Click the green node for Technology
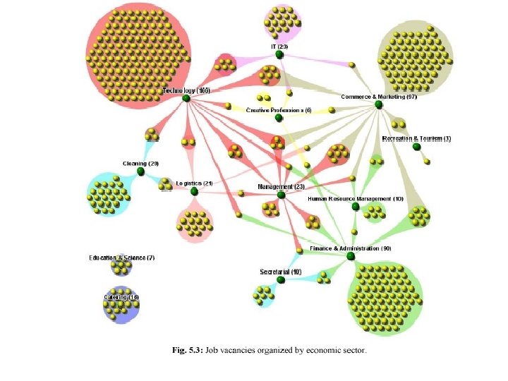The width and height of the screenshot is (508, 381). (186, 98)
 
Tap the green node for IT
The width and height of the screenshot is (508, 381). (279, 54)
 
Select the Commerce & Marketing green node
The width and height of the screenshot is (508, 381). (379, 104)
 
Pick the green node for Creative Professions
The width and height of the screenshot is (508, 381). (279, 118)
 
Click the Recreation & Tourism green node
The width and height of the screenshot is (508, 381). (416, 147)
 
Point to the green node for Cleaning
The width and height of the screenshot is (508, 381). (140, 171)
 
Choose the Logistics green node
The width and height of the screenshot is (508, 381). (194, 190)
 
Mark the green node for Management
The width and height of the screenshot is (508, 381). (281, 195)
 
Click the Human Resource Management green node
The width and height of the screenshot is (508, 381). (356, 207)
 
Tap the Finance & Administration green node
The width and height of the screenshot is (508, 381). (351, 257)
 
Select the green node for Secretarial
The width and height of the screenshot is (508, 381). (281, 280)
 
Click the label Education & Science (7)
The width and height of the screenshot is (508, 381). (121, 258)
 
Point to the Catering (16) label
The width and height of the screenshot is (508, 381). (121, 297)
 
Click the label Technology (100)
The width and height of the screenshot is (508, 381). (186, 90)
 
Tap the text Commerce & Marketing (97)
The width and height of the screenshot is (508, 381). (379, 97)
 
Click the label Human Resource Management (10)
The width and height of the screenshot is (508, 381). (356, 199)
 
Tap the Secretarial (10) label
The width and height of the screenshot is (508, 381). (281, 272)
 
